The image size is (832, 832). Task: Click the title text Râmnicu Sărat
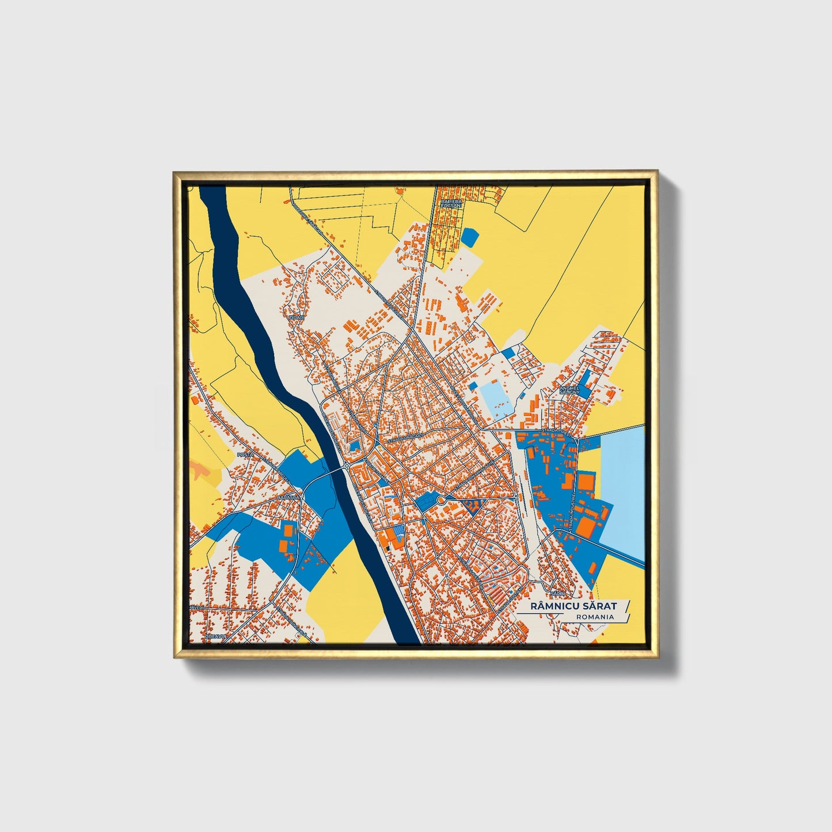coord(573,606)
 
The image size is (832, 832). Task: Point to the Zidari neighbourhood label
coord(297,317)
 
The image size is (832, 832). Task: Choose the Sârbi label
coord(556,592)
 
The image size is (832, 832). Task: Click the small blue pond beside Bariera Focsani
coord(470,237)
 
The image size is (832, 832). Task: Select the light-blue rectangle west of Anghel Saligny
coord(497,398)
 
